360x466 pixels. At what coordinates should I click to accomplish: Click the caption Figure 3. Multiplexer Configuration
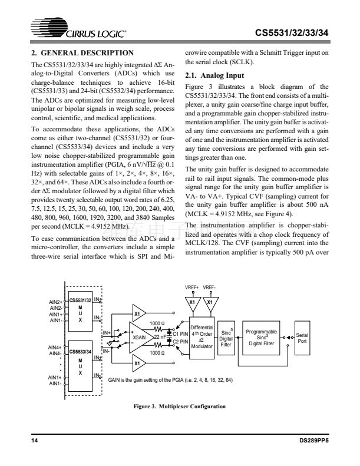pyautogui.click(x=177, y=405)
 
